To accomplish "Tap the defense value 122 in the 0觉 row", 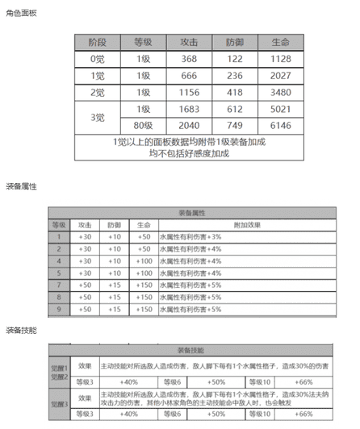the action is [235, 59].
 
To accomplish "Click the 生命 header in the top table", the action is [280, 41].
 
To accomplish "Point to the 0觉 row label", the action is [97, 59].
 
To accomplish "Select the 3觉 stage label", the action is [97, 117].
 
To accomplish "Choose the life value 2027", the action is [280, 75].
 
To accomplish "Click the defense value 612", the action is [235, 109].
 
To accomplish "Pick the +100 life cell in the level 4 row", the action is [144, 261].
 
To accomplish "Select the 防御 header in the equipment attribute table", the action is [114, 225].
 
